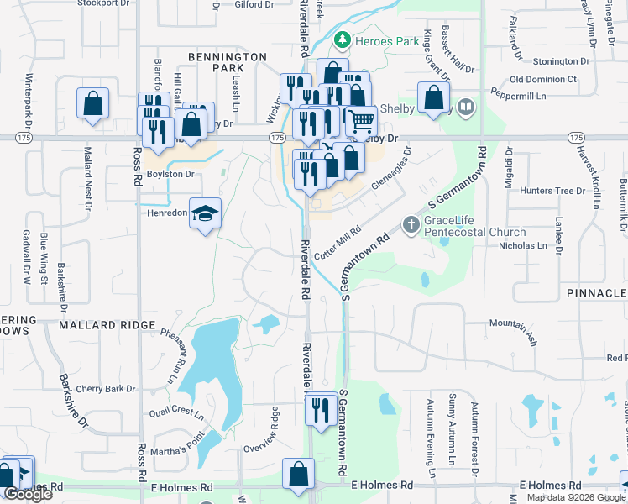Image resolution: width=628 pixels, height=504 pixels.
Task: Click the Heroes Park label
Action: tap(374, 40)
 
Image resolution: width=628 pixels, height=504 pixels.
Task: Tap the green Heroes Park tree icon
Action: tap(342, 39)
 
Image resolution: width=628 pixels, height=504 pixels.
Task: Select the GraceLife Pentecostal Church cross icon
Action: tap(411, 224)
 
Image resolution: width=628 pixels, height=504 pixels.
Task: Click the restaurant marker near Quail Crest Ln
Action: tap(321, 408)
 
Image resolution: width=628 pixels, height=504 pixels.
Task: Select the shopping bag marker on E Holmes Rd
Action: tap(298, 475)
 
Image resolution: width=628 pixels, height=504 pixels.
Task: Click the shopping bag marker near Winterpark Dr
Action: tap(93, 104)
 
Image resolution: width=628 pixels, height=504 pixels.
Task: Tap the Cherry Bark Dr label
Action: tap(105, 389)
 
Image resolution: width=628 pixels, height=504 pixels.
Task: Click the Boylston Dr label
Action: tap(170, 175)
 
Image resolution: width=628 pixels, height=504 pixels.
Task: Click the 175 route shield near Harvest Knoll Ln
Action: tap(575, 137)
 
